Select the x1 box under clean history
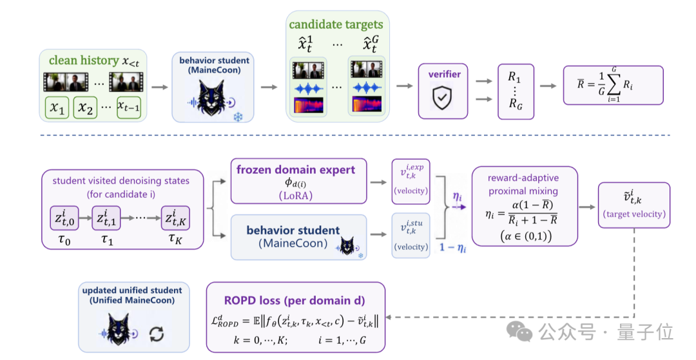pos(57,108)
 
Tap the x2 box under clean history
pos(85,108)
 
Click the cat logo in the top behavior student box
pos(212,97)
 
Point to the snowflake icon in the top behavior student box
pos(238,117)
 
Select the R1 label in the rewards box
pos(514,77)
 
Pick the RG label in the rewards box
pos(515,104)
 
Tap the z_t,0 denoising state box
pos(64,218)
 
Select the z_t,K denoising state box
pos(175,218)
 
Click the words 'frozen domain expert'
pos(296,170)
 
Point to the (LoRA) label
pos(296,196)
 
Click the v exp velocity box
pos(411,182)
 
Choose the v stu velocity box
pos(411,236)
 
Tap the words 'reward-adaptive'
pos(523,178)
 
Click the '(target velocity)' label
pos(634,214)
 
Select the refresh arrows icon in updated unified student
pos(157,334)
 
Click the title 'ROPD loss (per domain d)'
pos(295,301)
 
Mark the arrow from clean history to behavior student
pos(160,87)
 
